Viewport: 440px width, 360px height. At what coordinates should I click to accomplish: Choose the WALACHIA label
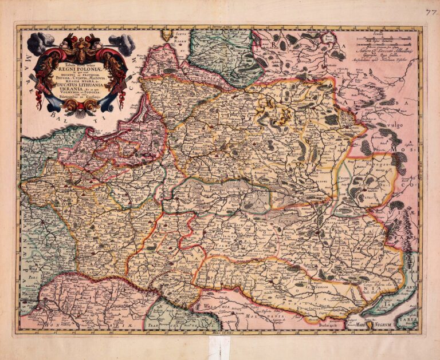(221, 307)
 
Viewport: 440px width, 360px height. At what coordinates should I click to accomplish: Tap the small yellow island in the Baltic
(167, 35)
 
